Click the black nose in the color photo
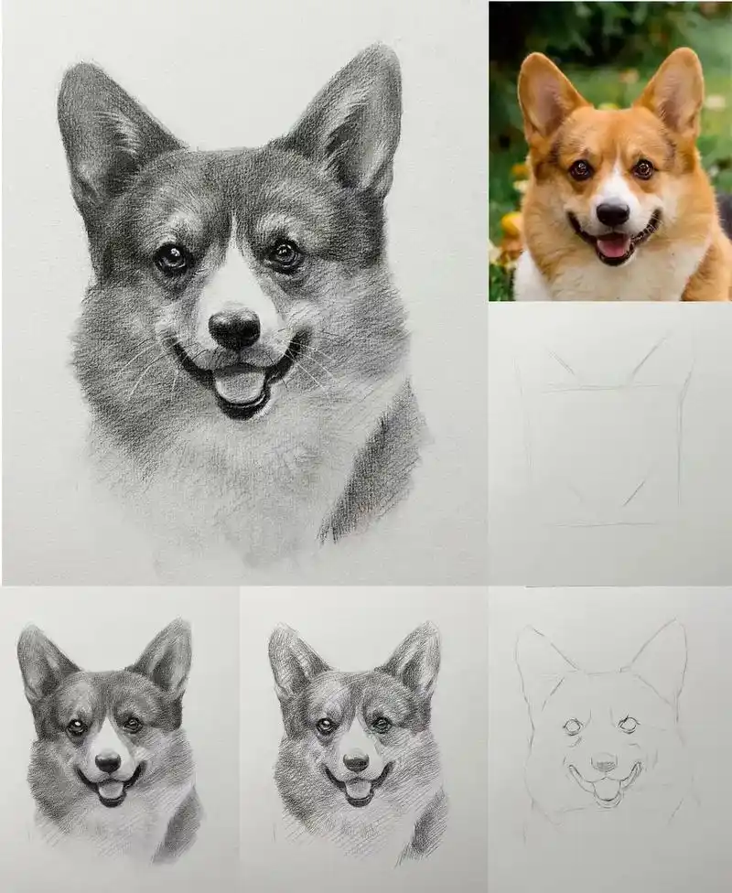point(612,214)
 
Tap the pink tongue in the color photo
point(613,244)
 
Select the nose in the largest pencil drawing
point(234,327)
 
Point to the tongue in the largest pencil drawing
point(240,384)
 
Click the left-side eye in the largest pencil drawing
point(171,258)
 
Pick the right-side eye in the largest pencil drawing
point(285,253)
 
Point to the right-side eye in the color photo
point(644,168)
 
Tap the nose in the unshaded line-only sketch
point(603,761)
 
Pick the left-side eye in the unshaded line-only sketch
point(573,726)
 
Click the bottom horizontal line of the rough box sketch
point(599,525)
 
